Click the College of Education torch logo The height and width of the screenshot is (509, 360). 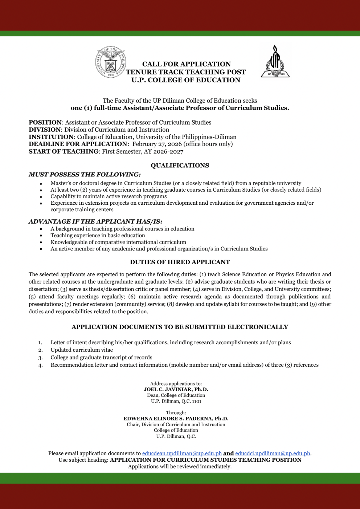click(275, 61)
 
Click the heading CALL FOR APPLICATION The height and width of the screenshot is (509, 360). click(186, 64)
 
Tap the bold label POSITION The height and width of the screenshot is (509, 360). click(45, 123)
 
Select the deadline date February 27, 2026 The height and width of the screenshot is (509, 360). click(157, 144)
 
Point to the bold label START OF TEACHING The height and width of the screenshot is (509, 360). click(64, 151)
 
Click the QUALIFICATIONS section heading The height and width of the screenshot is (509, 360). click(180, 166)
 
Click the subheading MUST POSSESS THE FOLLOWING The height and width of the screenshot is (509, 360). click(85, 175)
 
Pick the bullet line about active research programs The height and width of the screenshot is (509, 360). click(109, 196)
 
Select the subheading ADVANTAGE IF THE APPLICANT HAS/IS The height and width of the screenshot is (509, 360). click(95, 221)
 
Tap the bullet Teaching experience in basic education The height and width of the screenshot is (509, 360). click(98, 235)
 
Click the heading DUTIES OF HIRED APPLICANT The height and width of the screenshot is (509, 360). click(180, 262)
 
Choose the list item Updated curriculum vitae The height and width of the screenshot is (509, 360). click(82, 350)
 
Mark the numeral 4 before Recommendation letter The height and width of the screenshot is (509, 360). click(40, 365)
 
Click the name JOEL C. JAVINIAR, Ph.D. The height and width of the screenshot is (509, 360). click(176, 390)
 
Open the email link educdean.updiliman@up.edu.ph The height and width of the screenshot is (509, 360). click(182, 453)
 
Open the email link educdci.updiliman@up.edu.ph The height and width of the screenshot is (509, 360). click(273, 453)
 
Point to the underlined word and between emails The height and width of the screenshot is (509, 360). click(228, 453)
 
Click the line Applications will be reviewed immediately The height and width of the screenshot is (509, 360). click(180, 467)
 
